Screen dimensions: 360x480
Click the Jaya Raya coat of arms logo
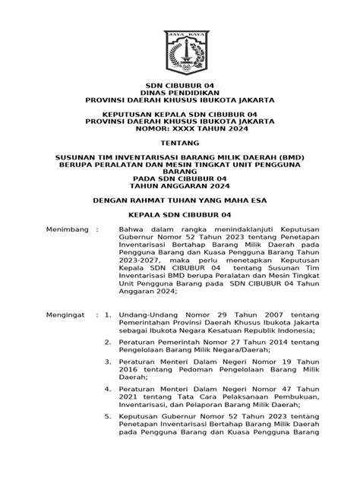180,52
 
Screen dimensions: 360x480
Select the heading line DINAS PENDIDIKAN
180,91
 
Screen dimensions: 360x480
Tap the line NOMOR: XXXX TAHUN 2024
180,128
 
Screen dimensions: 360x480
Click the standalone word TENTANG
180,143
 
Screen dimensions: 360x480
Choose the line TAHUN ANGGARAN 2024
180,186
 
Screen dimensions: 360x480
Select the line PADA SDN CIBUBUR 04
180,178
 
